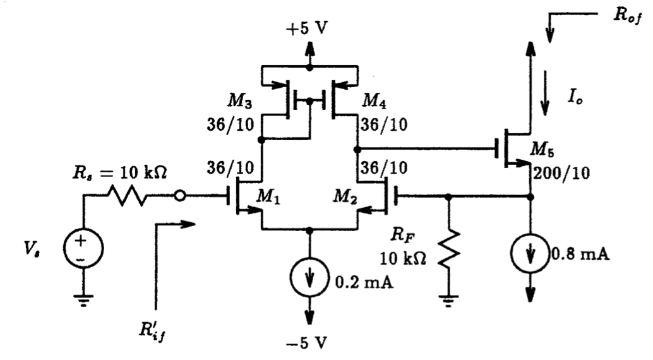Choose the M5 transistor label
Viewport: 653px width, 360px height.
[551, 150]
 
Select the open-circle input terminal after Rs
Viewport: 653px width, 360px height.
[180, 196]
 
